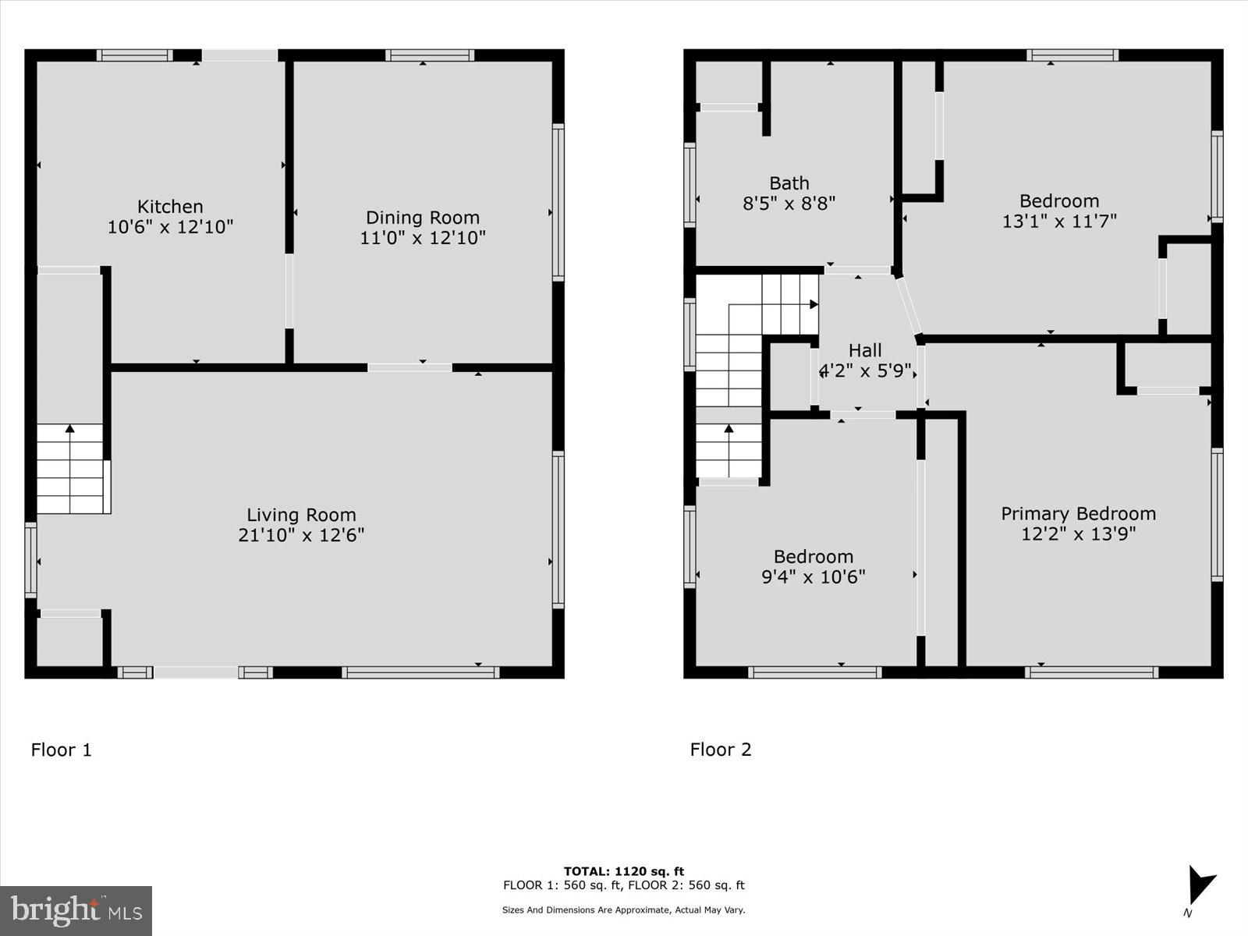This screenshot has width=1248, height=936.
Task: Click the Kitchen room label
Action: click(170, 207)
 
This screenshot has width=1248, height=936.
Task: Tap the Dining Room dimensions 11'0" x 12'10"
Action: click(422, 238)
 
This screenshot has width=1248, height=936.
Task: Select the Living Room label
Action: click(301, 515)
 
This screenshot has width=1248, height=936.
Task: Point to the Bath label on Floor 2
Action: click(789, 183)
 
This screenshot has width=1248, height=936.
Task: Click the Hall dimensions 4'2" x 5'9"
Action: click(865, 370)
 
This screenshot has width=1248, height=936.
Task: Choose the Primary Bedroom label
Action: click(1078, 513)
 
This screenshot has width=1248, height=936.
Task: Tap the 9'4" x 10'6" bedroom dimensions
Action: click(814, 577)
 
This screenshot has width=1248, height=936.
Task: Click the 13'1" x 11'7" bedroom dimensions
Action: click(1059, 222)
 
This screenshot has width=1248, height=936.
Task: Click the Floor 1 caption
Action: click(61, 750)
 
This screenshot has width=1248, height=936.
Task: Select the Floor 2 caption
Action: click(721, 750)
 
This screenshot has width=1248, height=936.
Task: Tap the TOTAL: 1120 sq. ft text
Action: click(624, 871)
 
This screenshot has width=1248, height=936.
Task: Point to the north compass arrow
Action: click(1200, 888)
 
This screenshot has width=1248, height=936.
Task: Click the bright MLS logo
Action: click(76, 910)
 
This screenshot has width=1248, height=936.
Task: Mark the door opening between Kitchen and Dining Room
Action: click(289, 291)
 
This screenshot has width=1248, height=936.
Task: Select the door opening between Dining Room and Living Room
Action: click(409, 367)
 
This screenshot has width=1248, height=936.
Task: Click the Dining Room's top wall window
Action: click(429, 55)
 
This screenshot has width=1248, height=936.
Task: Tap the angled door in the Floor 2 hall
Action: click(909, 306)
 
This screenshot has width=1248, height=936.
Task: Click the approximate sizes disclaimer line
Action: click(624, 909)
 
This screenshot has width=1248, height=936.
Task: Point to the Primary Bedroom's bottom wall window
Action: click(1091, 672)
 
